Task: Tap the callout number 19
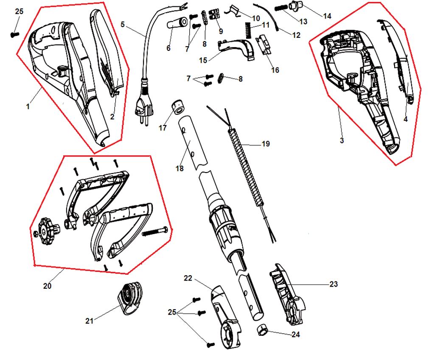[266, 144]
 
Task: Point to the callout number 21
[89, 321]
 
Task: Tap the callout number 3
[342, 140]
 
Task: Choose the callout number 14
[327, 16]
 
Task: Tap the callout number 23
[334, 284]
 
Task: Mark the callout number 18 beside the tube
[179, 168]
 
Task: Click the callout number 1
[28, 107]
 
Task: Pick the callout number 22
[188, 278]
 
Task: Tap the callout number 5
[123, 25]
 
